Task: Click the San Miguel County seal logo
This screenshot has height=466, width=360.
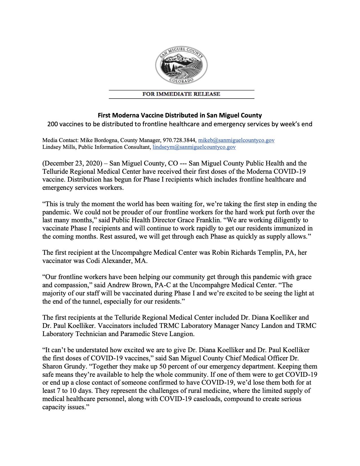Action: [182, 65]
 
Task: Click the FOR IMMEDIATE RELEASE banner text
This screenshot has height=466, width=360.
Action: [181, 94]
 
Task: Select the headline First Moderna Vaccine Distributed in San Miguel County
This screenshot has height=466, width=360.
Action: [180, 115]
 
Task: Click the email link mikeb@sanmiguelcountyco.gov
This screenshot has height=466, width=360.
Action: [236, 140]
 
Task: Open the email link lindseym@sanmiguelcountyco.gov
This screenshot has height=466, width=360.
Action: [194, 147]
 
